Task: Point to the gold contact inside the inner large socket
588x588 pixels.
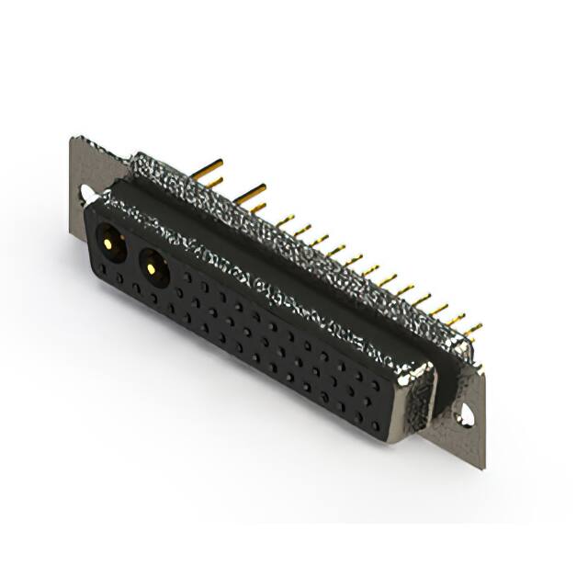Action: click(x=152, y=268)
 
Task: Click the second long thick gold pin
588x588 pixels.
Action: click(x=249, y=193)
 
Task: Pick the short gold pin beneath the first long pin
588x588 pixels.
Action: click(x=212, y=182)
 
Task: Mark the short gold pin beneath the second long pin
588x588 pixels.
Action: click(x=258, y=208)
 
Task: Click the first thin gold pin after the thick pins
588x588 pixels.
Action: click(x=285, y=220)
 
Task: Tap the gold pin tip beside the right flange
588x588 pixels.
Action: click(x=478, y=367)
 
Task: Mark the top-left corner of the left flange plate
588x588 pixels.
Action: click(x=74, y=140)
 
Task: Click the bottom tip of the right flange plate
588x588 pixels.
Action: click(x=481, y=466)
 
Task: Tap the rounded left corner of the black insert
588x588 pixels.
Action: click(x=92, y=213)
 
